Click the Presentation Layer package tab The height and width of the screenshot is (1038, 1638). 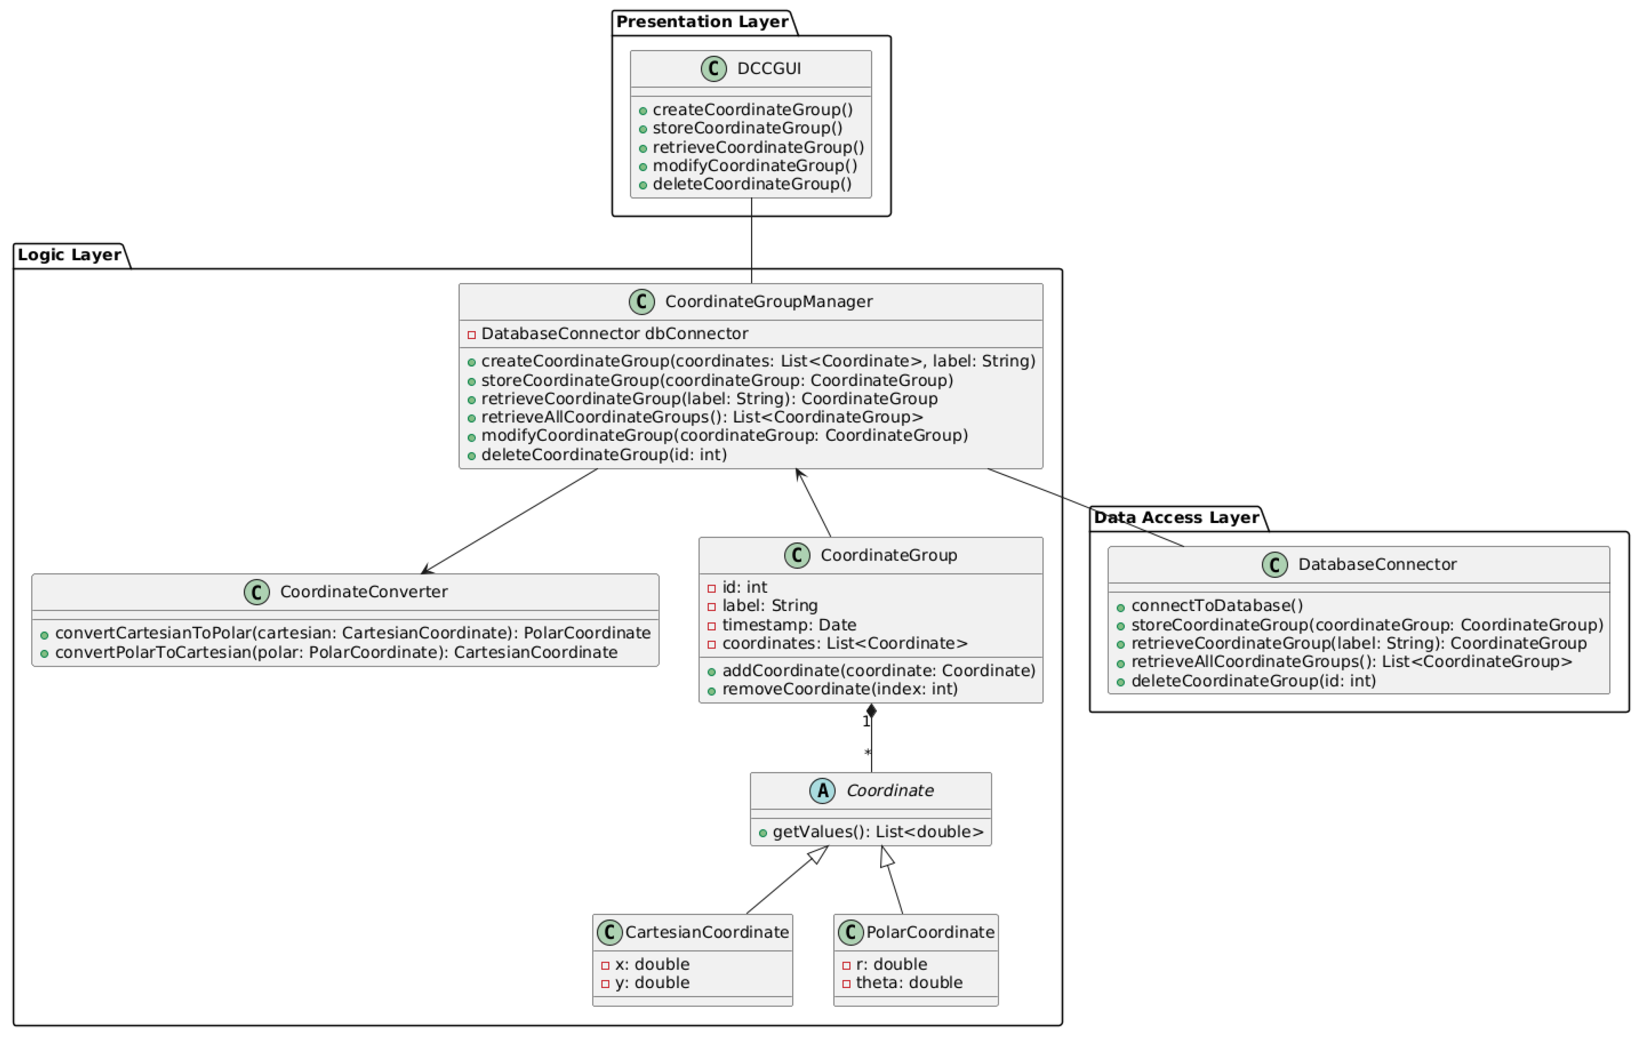[x=702, y=22]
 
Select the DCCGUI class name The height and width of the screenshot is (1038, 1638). [x=769, y=69]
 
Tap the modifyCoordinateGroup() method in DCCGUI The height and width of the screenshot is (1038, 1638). [x=754, y=166]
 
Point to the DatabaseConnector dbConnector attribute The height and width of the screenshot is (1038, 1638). [x=614, y=334]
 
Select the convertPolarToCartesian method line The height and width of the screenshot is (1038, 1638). [x=336, y=653]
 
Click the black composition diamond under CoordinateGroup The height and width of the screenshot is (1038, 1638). [x=871, y=711]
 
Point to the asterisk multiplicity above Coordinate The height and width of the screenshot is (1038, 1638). [x=867, y=753]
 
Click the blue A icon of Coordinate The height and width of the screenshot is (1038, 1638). [x=822, y=790]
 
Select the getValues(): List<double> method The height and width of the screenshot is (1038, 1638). [x=878, y=832]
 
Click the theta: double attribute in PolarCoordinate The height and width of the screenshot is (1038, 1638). [x=908, y=983]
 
